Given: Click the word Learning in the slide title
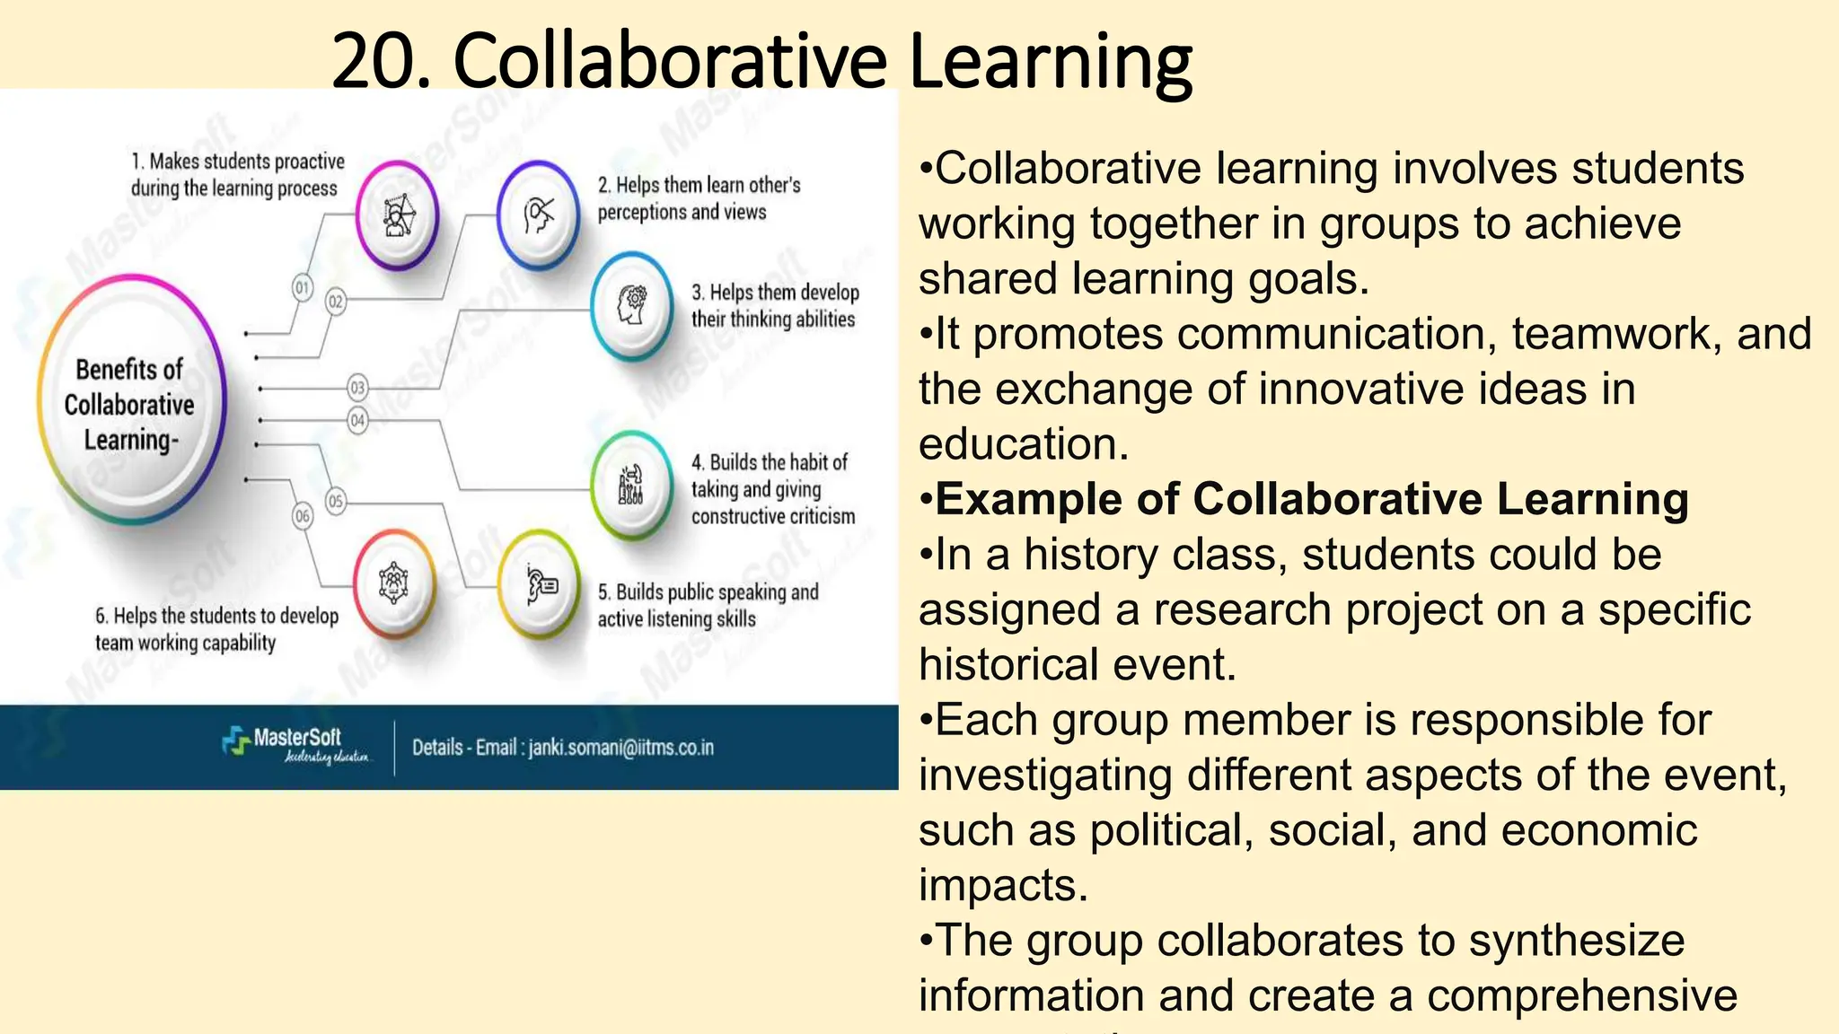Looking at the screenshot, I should pyautogui.click(x=1051, y=61).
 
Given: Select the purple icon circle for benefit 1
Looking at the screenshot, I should pyautogui.click(x=396, y=216).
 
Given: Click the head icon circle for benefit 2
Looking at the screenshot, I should pyautogui.click(x=538, y=215).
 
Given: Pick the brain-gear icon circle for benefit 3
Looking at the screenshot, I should pyautogui.click(x=632, y=306).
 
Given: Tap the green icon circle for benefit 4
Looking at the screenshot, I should pyautogui.click(x=632, y=486).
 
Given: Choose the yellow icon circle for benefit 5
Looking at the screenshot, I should pyautogui.click(x=540, y=585).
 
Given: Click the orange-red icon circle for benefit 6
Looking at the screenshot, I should pyautogui.click(x=394, y=584).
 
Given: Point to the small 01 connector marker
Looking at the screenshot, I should pyautogui.click(x=303, y=288).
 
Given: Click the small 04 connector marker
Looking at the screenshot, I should pyautogui.click(x=357, y=420).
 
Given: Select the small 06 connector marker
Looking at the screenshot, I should pyautogui.click(x=303, y=516).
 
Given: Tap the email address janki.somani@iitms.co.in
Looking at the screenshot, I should pyautogui.click(x=620, y=748).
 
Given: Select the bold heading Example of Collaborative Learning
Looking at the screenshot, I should pyautogui.click(x=1311, y=499).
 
